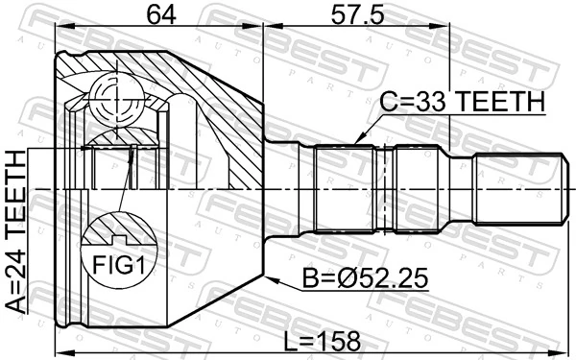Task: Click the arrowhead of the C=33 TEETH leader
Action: [x=356, y=142]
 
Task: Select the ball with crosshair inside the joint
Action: [x=116, y=93]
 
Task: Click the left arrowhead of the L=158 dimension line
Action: [x=60, y=351]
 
